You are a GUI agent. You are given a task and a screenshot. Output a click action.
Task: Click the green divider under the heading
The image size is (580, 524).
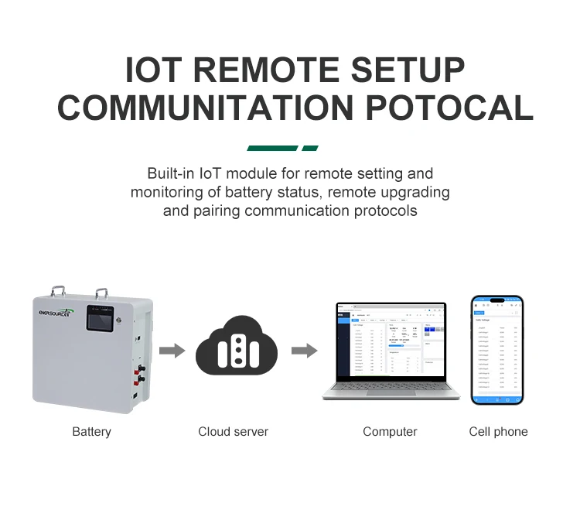coord(282,148)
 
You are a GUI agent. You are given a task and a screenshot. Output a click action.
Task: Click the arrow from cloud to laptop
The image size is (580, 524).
coord(303,351)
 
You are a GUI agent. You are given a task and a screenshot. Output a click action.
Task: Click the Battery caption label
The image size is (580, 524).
coord(91,432)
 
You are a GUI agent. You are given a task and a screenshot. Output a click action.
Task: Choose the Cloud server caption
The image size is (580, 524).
coord(233,432)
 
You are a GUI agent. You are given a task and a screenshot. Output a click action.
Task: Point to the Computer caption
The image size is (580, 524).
coord(390,432)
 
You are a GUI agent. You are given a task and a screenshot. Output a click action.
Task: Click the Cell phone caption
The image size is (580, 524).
coord(498,432)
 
